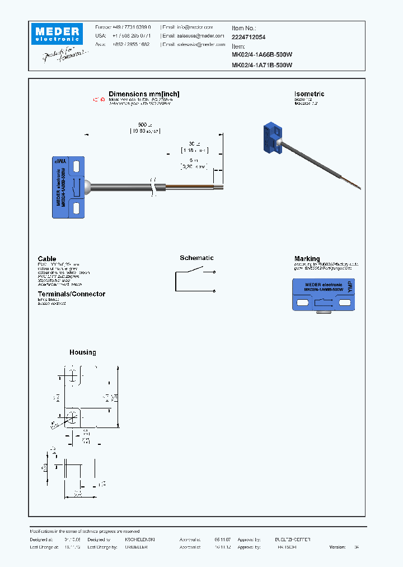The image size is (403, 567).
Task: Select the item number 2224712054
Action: (249, 37)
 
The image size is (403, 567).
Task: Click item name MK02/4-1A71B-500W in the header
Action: (262, 65)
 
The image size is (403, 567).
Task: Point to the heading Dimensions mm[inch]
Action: (144, 94)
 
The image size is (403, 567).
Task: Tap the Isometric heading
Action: (309, 94)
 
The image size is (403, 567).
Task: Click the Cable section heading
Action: (47, 259)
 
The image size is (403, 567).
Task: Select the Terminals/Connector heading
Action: (71, 294)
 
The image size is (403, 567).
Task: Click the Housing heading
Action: (83, 352)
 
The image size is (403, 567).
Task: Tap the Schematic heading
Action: (196, 258)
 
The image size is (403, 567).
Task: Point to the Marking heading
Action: (307, 259)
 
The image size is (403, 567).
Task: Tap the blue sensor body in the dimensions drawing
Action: (68, 187)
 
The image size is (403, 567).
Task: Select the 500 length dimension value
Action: (144, 124)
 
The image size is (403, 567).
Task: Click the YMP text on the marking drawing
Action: (350, 287)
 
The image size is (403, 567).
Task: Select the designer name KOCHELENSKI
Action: (139, 539)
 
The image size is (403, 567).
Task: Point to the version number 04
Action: (357, 547)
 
